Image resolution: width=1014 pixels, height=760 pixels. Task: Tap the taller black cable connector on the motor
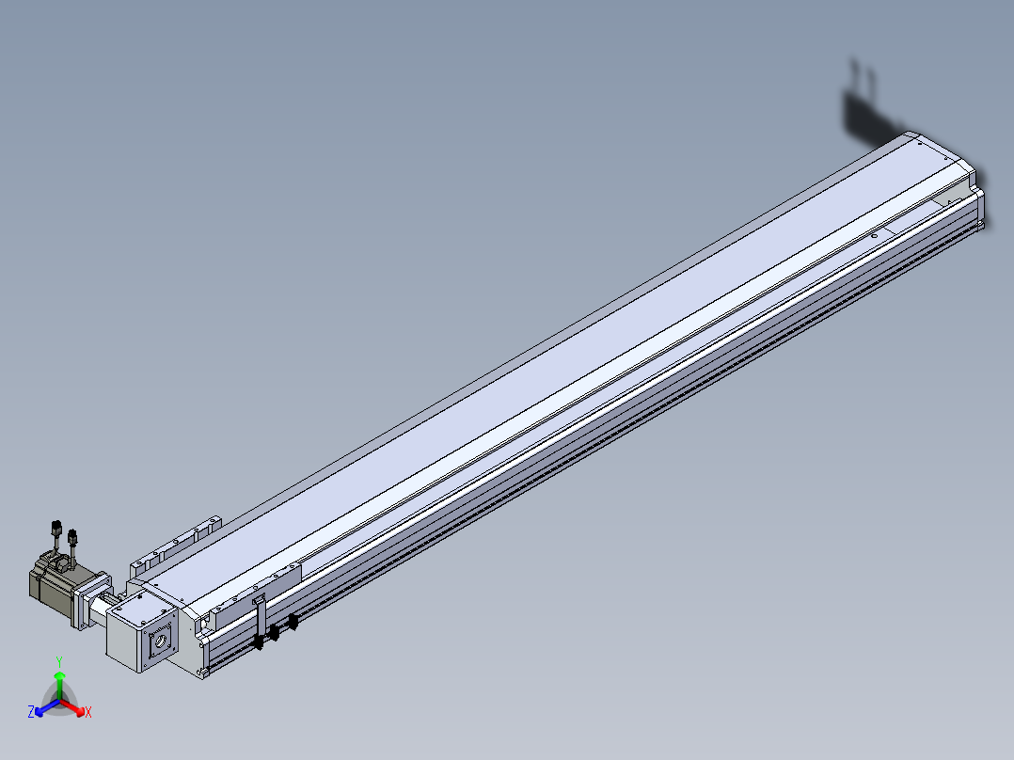[x=55, y=527]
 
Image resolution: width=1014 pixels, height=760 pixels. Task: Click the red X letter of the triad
[x=88, y=712]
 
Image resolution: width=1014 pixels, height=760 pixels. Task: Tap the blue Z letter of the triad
[x=31, y=712]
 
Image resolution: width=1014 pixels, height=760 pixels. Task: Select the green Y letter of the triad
[x=59, y=661]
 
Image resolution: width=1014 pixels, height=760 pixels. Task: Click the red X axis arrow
[x=72, y=706]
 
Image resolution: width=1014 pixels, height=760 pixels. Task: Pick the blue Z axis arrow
[x=47, y=707]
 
